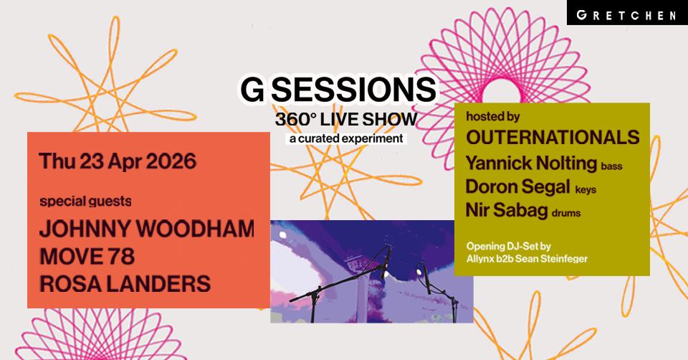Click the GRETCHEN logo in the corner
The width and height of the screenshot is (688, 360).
(x=637, y=14)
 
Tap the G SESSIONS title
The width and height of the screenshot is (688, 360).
(x=338, y=91)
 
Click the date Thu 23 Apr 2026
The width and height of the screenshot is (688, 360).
(x=118, y=161)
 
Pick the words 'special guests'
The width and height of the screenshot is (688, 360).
(x=85, y=201)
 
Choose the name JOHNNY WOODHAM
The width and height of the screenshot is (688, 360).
(x=146, y=229)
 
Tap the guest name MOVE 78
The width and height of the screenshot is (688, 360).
(x=87, y=256)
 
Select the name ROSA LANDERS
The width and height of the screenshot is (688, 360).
(x=125, y=283)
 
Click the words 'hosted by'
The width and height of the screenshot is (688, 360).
(x=492, y=117)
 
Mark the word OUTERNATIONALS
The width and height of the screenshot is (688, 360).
(x=552, y=138)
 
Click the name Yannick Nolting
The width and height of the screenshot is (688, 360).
(x=530, y=164)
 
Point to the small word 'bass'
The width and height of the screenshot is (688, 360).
(x=611, y=166)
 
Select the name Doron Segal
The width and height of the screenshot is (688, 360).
(x=517, y=187)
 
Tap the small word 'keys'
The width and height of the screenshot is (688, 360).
(x=586, y=190)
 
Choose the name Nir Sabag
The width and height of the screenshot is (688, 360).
(x=507, y=210)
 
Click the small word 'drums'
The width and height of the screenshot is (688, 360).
(x=565, y=213)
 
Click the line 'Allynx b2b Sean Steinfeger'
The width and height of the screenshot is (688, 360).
(x=526, y=258)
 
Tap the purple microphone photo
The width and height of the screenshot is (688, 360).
(x=371, y=271)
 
